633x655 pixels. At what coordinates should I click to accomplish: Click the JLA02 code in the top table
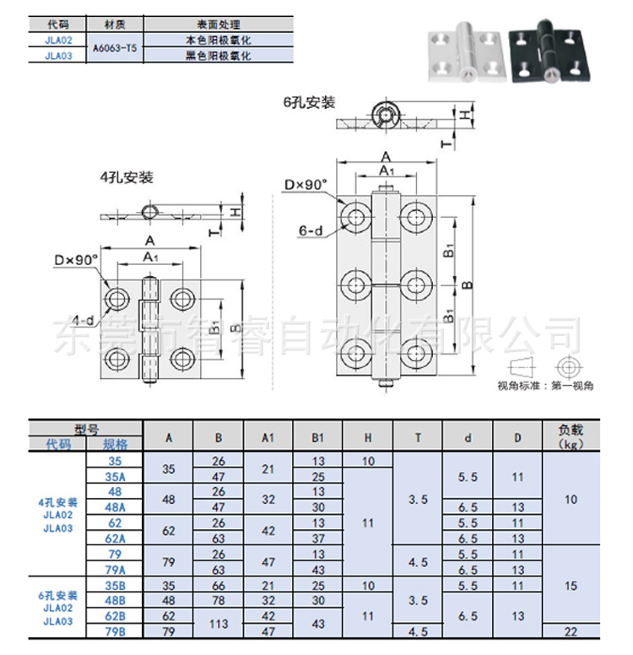tap(59, 40)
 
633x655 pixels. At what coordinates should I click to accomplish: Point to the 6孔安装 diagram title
tap(309, 103)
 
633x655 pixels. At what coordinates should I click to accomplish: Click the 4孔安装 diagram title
tap(127, 177)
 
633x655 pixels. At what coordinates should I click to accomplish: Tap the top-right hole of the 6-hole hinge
tap(414, 217)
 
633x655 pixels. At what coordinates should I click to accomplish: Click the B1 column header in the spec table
tap(318, 438)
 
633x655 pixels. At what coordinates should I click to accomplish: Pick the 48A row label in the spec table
tap(116, 506)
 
